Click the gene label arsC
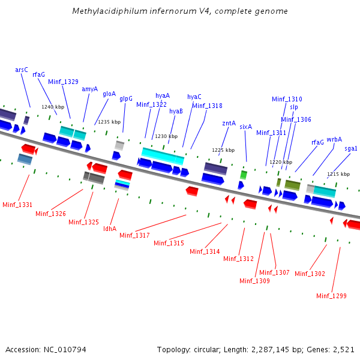pyautogui.click(x=22, y=70)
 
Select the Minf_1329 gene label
pyautogui.click(x=63, y=82)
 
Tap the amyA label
pyautogui.click(x=89, y=89)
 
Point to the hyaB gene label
pyautogui.click(x=176, y=111)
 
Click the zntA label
pyautogui.click(x=229, y=123)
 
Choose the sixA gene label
pyautogui.click(x=245, y=127)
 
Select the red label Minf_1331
pyautogui.click(x=17, y=205)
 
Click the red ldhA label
pyautogui.click(x=110, y=228)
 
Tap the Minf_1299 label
pyautogui.click(x=331, y=295)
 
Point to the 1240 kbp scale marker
pyautogui.click(x=52, y=107)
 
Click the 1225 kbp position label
pyautogui.click(x=222, y=150)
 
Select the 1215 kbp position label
pyautogui.click(x=337, y=174)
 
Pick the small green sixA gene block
pyautogui.click(x=244, y=175)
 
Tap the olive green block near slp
pyautogui.click(x=292, y=185)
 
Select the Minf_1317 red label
pyautogui.click(x=134, y=235)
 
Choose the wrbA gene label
pyautogui.click(x=334, y=139)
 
